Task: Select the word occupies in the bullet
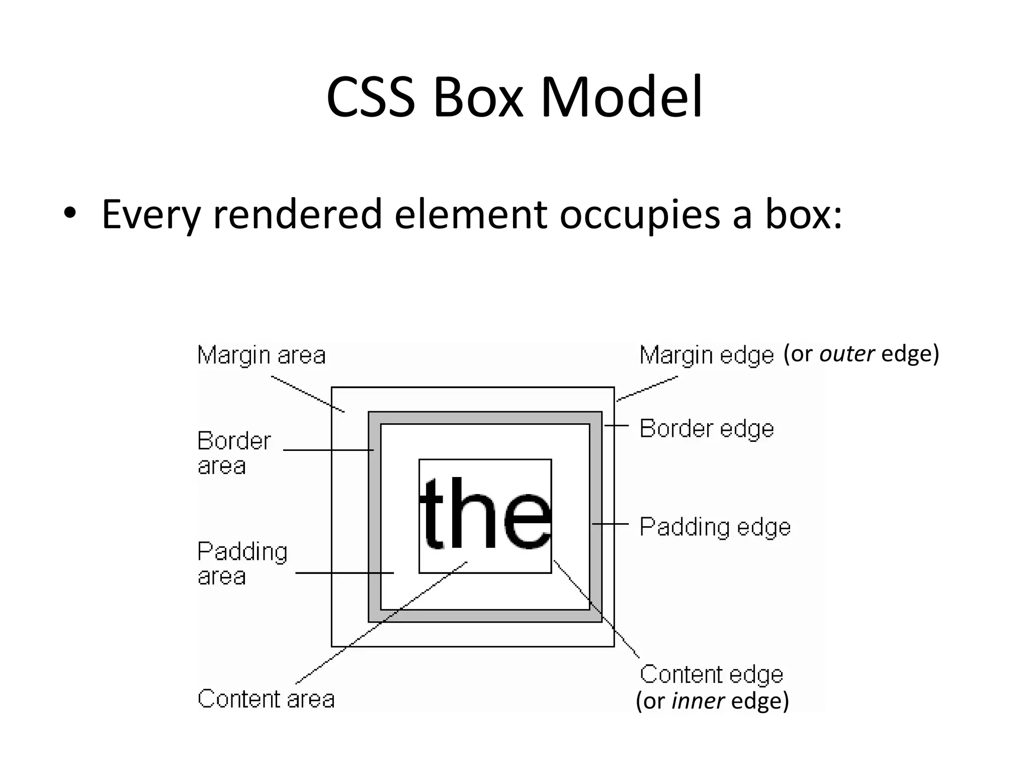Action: [639, 215]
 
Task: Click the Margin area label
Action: [262, 355]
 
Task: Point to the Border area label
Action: [234, 453]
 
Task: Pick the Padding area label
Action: [242, 563]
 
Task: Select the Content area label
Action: [266, 699]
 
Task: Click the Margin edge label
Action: [706, 355]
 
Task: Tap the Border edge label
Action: [706, 429]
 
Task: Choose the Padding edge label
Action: [715, 527]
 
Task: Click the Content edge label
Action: [711, 674]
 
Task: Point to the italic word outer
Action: [847, 354]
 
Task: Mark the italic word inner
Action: [698, 701]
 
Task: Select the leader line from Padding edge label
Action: [611, 524]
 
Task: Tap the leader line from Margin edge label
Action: [648, 388]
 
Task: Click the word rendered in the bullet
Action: [297, 214]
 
